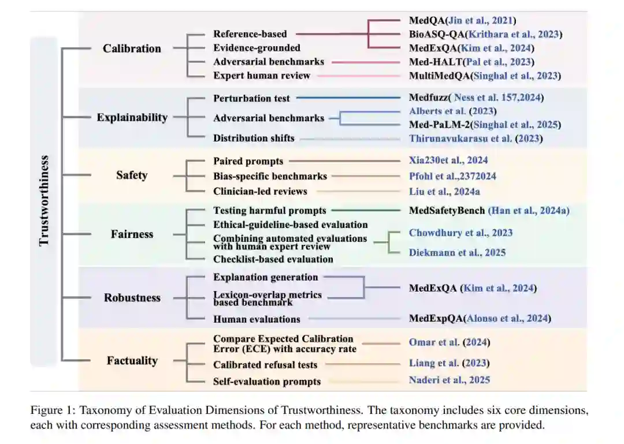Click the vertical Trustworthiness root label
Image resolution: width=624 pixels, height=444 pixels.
tap(44, 200)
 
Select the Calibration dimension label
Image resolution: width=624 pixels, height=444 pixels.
tap(132, 48)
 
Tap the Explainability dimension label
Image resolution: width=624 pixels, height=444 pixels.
tap(132, 117)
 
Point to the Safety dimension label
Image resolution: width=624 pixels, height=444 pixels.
tap(132, 175)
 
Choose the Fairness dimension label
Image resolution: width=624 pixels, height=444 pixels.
tap(132, 234)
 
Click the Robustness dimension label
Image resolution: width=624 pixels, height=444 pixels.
tap(132, 297)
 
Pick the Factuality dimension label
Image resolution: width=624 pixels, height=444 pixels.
tap(132, 361)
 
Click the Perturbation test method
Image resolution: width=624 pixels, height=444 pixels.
tap(251, 98)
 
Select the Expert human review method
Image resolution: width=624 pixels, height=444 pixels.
tap(262, 76)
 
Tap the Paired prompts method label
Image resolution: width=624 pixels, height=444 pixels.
tap(248, 161)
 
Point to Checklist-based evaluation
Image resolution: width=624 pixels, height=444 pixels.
tap(273, 259)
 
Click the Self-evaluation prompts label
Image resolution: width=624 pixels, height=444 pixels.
tap(267, 381)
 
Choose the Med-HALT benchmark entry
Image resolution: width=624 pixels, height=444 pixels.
tap(471, 62)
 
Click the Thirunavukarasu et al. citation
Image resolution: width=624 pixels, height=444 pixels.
tap(476, 138)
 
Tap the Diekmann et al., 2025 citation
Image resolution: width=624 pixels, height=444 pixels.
tap(457, 252)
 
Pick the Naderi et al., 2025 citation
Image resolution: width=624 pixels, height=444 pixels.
tap(450, 379)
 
